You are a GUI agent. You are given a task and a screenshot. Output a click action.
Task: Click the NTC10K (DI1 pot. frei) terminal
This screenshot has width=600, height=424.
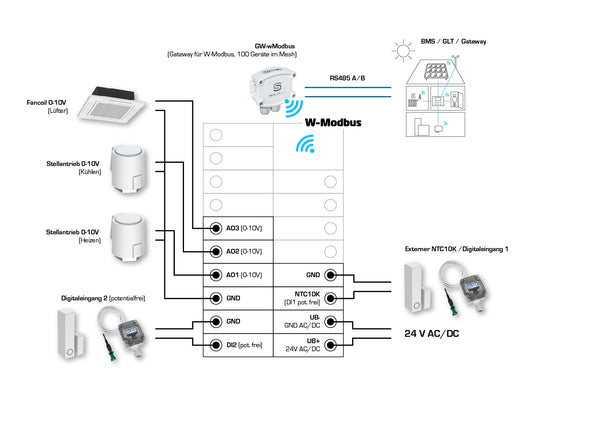coord(308,297)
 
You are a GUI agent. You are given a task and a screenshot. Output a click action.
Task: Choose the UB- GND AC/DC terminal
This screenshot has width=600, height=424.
coord(308,321)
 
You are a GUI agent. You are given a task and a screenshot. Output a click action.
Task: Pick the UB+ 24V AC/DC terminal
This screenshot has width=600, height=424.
coord(308,344)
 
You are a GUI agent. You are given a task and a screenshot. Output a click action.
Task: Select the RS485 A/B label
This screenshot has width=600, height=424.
coord(348,76)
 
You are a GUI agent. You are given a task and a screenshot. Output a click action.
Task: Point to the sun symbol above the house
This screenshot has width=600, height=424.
coord(404,49)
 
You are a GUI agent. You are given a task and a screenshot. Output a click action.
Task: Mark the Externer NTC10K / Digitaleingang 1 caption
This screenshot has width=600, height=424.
coord(457,247)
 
